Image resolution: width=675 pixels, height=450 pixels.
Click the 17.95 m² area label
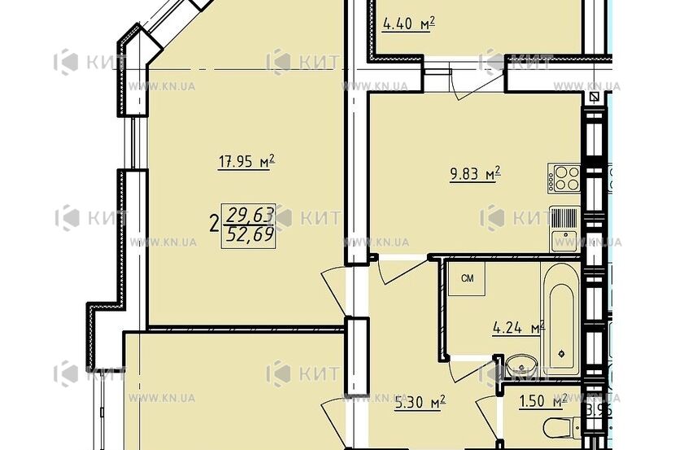(x=246, y=162)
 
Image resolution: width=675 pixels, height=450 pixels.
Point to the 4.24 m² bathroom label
(x=517, y=330)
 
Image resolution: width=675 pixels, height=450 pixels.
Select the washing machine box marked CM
(x=468, y=279)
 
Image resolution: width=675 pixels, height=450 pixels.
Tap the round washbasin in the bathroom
(x=519, y=364)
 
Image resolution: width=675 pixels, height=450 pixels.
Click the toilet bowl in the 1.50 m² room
(x=560, y=428)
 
